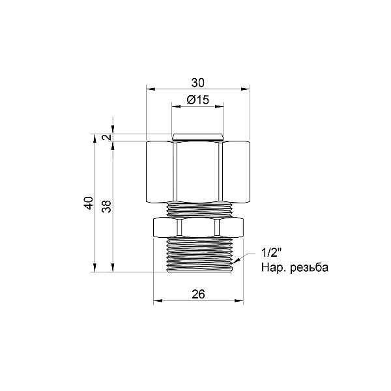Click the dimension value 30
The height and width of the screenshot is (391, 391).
click(x=198, y=83)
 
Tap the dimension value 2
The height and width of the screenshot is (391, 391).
click(x=107, y=138)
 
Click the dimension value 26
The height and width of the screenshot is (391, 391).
click(x=199, y=295)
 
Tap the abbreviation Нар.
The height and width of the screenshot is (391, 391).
click(x=272, y=268)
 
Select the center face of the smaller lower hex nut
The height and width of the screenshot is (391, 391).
click(x=198, y=227)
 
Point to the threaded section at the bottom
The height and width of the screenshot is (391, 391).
click(x=198, y=254)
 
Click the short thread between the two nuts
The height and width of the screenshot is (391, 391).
click(x=198, y=209)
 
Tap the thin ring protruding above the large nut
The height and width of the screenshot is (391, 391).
click(x=198, y=137)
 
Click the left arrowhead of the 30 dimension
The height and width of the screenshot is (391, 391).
click(x=149, y=89)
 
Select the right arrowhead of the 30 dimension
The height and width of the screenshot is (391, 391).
click(x=247, y=89)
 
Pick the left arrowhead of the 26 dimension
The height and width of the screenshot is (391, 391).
click(x=156, y=302)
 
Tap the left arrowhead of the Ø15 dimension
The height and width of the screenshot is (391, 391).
click(x=175, y=106)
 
